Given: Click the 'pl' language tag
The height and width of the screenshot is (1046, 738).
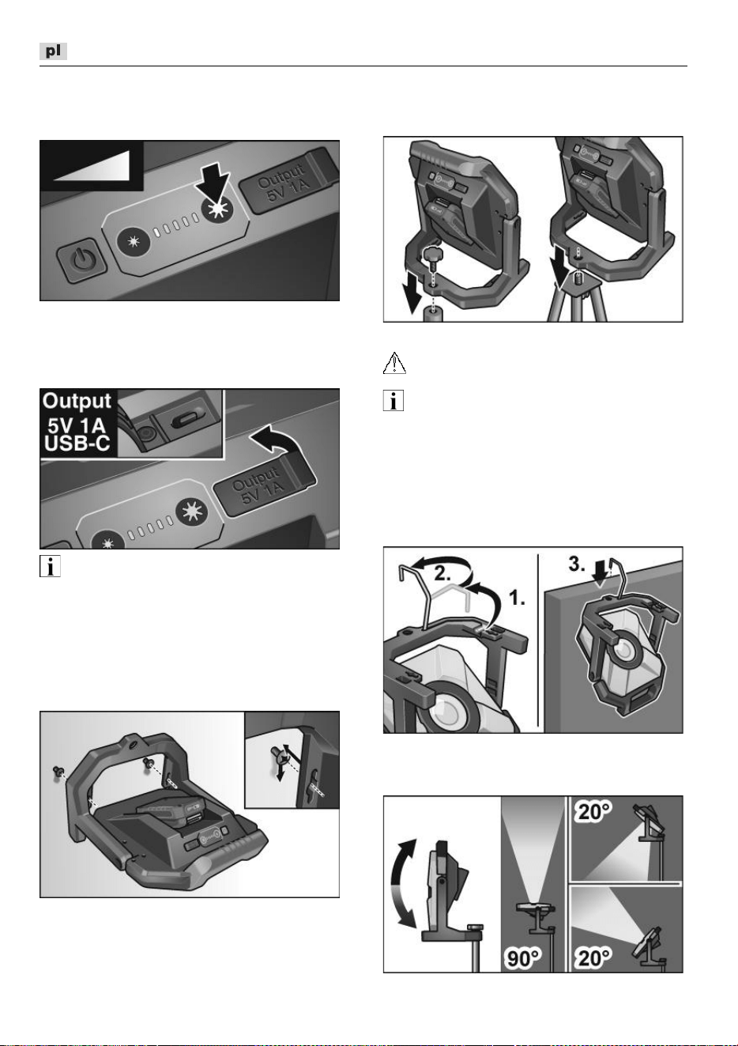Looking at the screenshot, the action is pos(53,51).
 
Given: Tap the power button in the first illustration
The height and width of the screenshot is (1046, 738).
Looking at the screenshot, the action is pos(81,260).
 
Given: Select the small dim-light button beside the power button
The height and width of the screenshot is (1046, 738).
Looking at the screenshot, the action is pos(134,242).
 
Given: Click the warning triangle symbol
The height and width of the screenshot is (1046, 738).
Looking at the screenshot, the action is pos(394,363).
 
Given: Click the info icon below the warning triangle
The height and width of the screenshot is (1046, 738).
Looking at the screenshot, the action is pos(393,401).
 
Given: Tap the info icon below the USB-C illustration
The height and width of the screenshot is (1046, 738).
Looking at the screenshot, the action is pos(50,566).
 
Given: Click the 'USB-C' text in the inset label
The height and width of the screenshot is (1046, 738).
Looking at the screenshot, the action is pos(77,444).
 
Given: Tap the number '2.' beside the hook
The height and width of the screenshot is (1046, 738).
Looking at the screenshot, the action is pos(443,573).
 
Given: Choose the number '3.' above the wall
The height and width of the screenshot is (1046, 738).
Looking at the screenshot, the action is pos(577,564).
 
